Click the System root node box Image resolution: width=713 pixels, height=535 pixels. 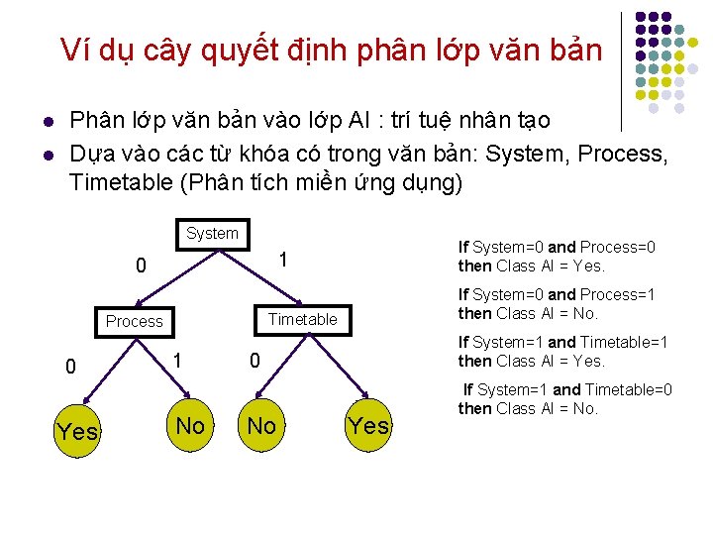(212, 234)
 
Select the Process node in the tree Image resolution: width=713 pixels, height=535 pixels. (134, 321)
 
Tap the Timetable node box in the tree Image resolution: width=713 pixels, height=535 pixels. (302, 319)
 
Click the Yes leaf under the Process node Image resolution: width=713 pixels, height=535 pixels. (77, 431)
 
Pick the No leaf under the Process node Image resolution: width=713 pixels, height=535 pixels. (190, 426)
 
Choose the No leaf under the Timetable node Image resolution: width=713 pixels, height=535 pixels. (261, 426)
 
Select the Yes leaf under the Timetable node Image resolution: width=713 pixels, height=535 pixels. (369, 426)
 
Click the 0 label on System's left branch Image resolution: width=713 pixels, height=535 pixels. (142, 266)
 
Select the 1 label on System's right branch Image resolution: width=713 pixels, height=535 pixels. (282, 260)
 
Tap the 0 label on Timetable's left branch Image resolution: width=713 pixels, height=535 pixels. (254, 363)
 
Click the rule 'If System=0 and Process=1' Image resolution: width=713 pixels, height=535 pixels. (557, 303)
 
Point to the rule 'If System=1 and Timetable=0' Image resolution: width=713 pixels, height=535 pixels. (565, 398)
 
